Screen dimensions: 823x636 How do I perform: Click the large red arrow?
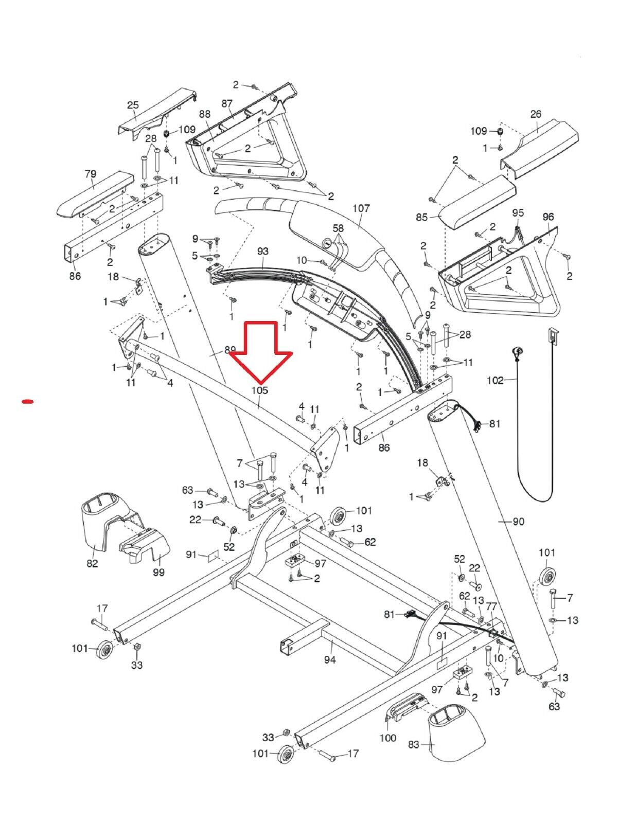261,350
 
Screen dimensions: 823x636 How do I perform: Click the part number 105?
260,390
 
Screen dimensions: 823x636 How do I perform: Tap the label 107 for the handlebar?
361,208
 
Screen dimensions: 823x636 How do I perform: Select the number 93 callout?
262,251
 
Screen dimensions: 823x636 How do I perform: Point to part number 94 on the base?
330,659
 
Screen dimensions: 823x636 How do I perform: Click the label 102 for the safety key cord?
494,381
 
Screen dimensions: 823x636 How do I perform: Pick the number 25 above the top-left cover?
133,105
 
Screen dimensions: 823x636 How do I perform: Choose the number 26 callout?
536,114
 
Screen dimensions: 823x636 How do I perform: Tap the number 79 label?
90,174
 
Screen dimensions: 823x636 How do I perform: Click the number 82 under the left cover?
92,563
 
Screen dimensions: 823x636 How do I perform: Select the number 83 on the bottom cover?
414,744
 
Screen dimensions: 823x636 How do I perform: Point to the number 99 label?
158,572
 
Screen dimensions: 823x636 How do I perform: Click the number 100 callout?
387,738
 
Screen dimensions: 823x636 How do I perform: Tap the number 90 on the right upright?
518,522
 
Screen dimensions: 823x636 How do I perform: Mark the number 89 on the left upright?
230,350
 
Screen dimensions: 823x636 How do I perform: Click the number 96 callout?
548,217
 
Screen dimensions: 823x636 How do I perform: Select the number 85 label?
422,217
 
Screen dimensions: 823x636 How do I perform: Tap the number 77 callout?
491,607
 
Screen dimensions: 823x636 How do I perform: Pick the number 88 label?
205,114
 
